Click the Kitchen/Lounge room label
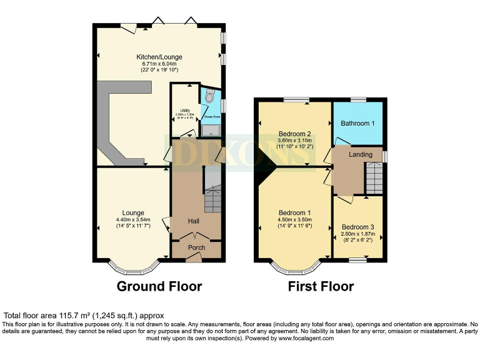point(159,57)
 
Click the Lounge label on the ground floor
point(133,212)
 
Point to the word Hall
point(195,221)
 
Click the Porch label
point(197,247)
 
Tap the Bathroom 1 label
point(357,123)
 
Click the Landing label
point(361,154)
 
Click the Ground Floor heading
point(159,287)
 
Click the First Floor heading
point(321,287)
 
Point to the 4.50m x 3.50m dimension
point(294,219)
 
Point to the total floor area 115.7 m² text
point(84,316)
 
